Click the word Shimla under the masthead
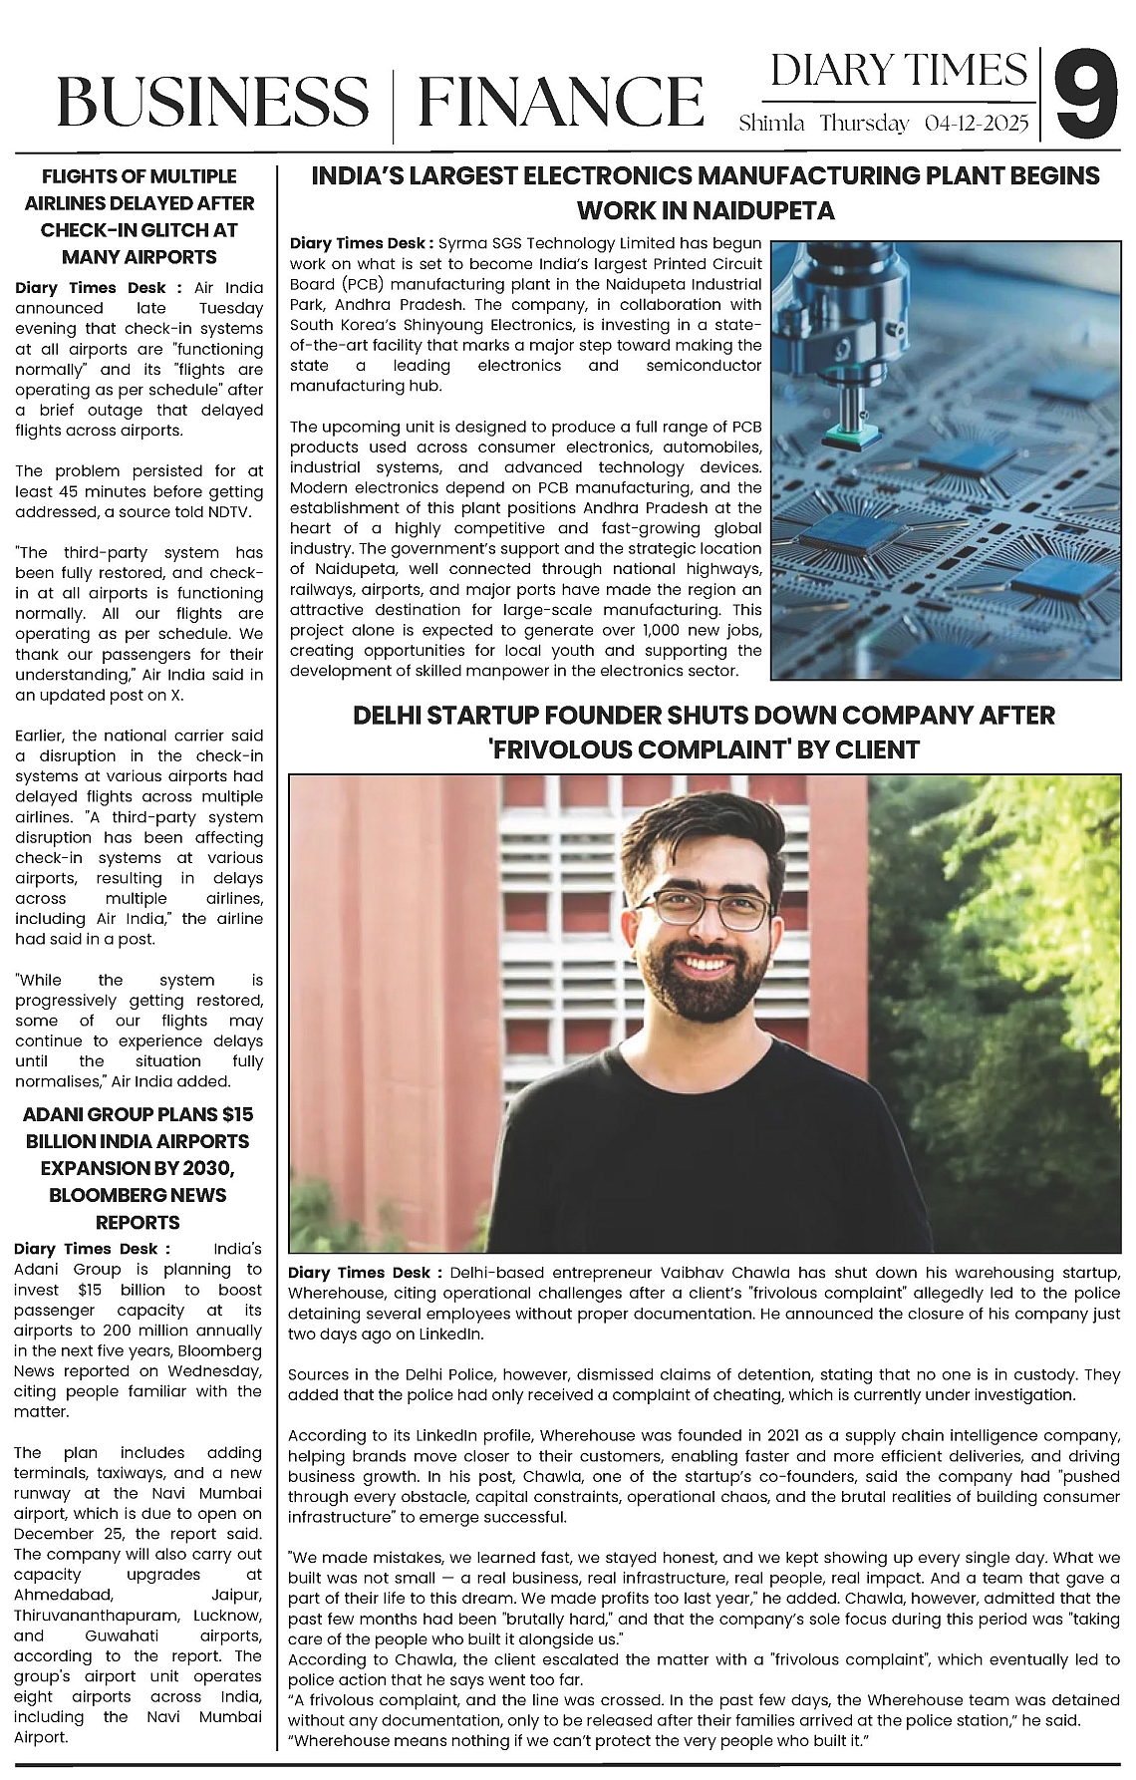[x=771, y=125]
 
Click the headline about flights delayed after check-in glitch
[x=139, y=216]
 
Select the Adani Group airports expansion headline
[x=139, y=1167]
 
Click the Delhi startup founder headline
[x=704, y=732]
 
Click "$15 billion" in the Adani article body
[x=111, y=1290]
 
